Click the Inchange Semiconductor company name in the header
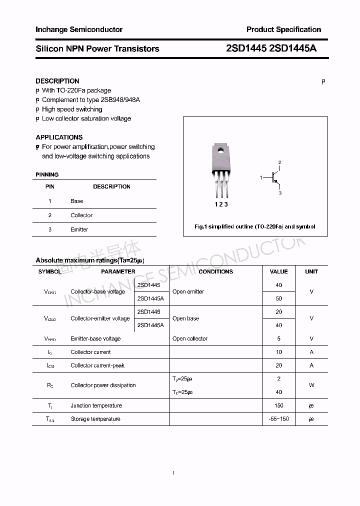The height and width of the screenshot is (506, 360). coord(78,29)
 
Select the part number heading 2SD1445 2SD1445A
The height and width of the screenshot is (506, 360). coord(271,48)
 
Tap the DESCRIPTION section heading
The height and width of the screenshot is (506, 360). coord(57,81)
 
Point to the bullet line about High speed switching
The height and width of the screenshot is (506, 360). coord(71,109)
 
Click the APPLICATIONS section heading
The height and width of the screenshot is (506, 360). coord(59,137)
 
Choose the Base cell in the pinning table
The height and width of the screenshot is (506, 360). coord(76,201)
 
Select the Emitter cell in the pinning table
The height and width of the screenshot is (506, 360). coord(79,229)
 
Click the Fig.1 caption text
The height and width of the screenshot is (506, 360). coord(254,226)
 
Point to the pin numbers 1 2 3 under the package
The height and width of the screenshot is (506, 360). coord(221,204)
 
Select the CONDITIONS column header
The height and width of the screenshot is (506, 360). coord(215,271)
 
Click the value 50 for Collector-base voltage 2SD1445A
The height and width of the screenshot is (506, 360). coord(278,298)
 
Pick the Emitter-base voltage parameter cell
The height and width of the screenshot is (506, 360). coord(95,338)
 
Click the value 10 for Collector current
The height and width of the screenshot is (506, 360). coord(278,352)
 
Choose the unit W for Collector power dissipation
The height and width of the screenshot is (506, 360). coord(311,385)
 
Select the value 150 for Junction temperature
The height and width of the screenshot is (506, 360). coord(278,405)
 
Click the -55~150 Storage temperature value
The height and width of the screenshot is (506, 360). coord(278,419)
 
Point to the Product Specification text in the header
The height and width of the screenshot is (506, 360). coord(283,29)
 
